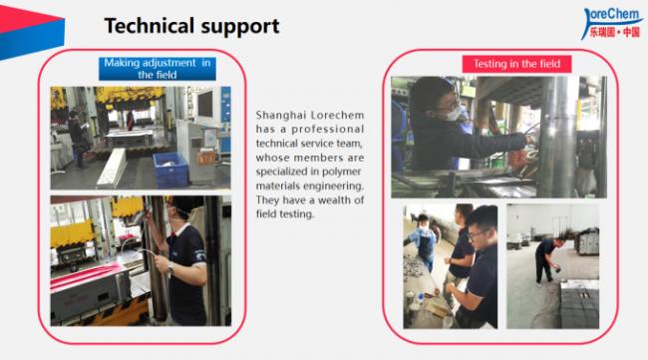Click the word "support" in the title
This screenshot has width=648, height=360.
243,26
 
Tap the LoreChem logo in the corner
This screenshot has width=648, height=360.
611,21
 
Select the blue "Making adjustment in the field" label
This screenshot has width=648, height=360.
160,69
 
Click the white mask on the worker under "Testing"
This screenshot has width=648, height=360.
454,115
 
